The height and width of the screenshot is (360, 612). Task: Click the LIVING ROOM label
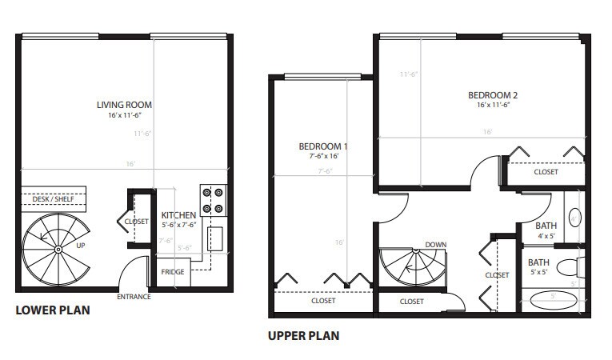tap(124, 105)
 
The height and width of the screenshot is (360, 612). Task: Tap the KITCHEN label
tap(179, 216)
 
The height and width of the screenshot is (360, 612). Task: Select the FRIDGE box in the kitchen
tap(172, 272)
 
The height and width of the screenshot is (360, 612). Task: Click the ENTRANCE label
tap(134, 297)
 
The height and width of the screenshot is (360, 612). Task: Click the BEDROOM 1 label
tap(323, 146)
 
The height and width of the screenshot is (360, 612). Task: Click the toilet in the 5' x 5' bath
tap(571, 266)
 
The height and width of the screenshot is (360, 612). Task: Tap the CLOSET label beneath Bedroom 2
tap(546, 172)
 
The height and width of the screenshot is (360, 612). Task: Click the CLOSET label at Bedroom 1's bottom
tap(324, 302)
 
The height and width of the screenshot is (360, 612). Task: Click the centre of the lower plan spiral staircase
tap(58, 249)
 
